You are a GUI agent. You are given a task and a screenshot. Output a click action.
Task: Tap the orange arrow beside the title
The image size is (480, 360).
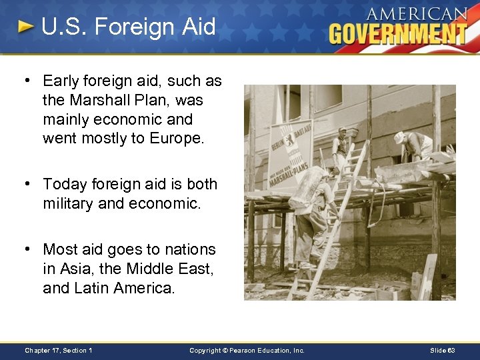tap(25, 27)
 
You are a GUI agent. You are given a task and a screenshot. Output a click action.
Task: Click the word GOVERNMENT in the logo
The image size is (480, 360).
tap(398, 33)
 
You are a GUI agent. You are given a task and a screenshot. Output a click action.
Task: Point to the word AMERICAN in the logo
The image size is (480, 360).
tap(416, 13)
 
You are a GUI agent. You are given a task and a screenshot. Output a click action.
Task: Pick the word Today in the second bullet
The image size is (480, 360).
tap(63, 183)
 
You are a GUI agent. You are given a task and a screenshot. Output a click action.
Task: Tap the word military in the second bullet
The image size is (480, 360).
tap(68, 203)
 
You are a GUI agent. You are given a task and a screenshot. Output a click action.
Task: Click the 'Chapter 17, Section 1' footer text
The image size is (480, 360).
tap(59, 350)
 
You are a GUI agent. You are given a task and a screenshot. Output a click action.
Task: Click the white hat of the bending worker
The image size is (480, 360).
tap(399, 137)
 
